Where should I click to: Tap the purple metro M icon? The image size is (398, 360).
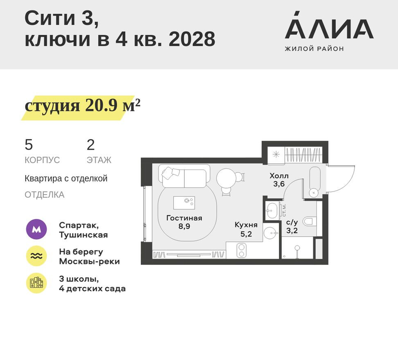(36, 230)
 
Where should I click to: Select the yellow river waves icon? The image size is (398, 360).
(36, 256)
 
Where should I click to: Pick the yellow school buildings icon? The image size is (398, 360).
(36, 283)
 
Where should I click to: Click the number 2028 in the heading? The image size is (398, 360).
(192, 40)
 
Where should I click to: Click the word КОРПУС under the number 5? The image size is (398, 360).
(42, 160)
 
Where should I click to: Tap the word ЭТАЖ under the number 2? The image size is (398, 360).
(99, 160)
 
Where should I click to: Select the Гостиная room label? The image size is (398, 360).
(184, 218)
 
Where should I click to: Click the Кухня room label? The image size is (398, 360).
(246, 225)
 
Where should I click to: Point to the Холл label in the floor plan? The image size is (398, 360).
(279, 176)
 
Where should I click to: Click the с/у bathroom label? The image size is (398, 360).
(292, 223)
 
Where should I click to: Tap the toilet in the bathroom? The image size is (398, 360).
(310, 222)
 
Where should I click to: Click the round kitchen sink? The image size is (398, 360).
(270, 234)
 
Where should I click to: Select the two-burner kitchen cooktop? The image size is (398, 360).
(241, 250)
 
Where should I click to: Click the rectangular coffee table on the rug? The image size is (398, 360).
(184, 202)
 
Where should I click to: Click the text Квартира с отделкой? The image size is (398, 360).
(66, 179)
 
